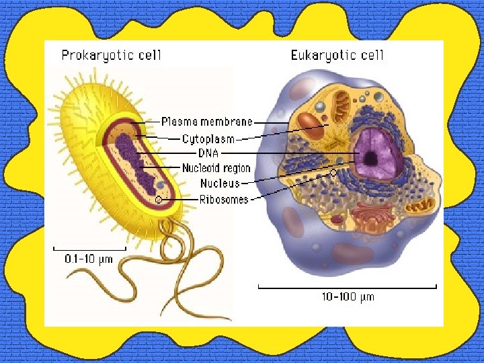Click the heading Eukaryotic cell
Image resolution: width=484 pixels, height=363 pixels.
337,55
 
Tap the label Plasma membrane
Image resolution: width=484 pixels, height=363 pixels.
207,122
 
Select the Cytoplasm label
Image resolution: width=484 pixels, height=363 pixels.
208,139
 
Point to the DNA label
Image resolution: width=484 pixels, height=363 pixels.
208,153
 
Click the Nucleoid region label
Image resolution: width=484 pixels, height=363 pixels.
216,168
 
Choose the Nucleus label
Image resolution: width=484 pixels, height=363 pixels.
219,183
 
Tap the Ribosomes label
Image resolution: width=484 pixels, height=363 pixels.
224,199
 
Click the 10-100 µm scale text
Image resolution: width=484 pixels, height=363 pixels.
347,296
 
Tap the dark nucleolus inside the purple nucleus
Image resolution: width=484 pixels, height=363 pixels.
370,159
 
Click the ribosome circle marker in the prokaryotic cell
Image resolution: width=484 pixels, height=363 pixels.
159,199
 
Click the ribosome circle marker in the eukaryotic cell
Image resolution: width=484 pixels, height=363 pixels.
333,173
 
